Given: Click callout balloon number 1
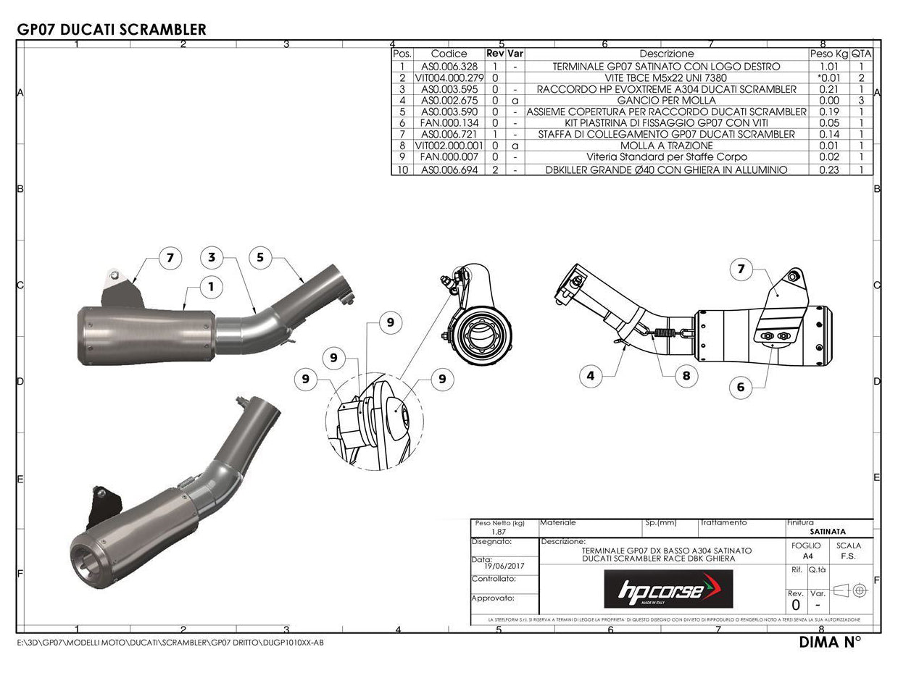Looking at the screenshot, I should (x=211, y=287).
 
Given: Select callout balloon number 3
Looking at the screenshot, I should (x=211, y=257).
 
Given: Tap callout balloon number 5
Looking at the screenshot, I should (x=259, y=257).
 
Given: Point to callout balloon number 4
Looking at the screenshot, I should (x=591, y=375).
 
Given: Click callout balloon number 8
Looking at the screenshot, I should (x=686, y=375).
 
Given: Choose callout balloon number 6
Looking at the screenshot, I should (x=740, y=387).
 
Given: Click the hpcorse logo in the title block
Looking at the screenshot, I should (x=668, y=589).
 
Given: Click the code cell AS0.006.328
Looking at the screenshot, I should (x=449, y=67).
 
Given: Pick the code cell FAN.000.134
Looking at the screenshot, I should (x=449, y=123).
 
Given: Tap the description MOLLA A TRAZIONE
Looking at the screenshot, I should (x=666, y=146).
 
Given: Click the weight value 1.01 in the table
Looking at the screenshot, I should (x=828, y=67).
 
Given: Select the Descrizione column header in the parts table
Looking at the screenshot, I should (x=666, y=54).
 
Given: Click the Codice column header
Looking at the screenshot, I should (x=449, y=54).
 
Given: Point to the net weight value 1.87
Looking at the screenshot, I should (x=499, y=531).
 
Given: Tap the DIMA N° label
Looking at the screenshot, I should (x=830, y=642).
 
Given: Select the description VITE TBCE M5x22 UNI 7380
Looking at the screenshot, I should (x=666, y=78).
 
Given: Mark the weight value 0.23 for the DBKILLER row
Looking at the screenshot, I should (x=828, y=170).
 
